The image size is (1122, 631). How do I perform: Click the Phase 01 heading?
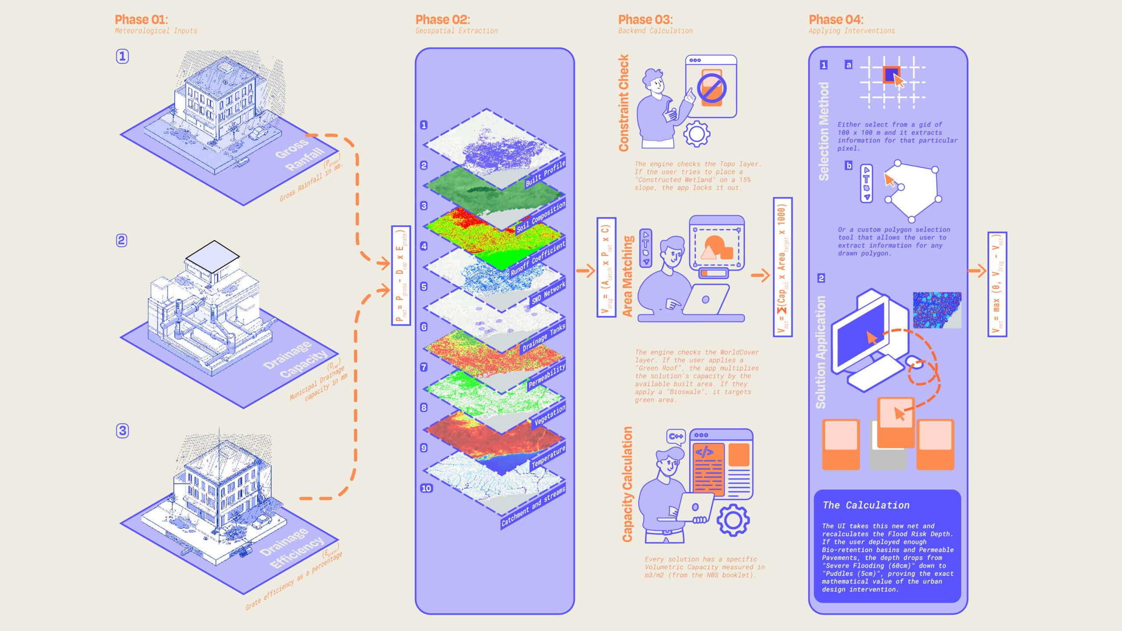click(x=141, y=20)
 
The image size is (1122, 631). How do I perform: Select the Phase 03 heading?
click(x=645, y=20)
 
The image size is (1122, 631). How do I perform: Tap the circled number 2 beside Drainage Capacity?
click(x=121, y=241)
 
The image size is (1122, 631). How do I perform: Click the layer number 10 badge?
click(x=426, y=488)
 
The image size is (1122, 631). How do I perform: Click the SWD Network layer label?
click(x=548, y=293)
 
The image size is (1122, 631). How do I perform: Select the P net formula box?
click(x=401, y=276)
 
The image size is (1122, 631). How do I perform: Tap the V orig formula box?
click(x=606, y=267)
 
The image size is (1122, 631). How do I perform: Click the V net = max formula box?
click(x=997, y=284)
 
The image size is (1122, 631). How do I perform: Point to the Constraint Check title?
click(x=623, y=103)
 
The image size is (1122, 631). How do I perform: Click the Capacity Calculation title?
click(x=627, y=484)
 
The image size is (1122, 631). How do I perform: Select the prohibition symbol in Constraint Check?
click(x=712, y=87)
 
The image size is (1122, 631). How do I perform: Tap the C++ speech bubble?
click(x=675, y=436)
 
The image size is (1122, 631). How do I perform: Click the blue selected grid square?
click(x=891, y=74)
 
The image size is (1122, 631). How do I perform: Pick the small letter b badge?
click(x=849, y=166)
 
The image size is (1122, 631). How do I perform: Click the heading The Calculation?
click(x=866, y=505)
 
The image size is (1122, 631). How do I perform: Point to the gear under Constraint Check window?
click(x=696, y=134)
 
